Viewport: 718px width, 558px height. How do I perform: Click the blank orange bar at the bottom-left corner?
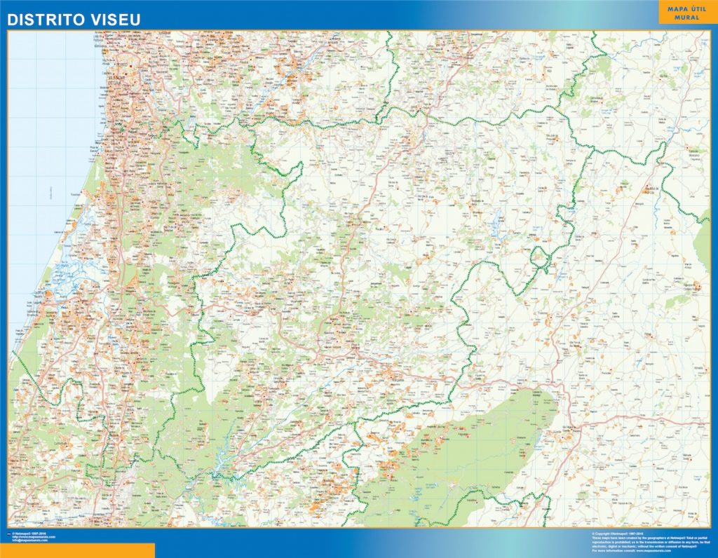coord(77,550)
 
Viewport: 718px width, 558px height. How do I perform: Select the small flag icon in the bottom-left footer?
coord(8,533)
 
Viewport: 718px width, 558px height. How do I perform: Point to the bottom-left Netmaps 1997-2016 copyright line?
coord(29,533)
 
